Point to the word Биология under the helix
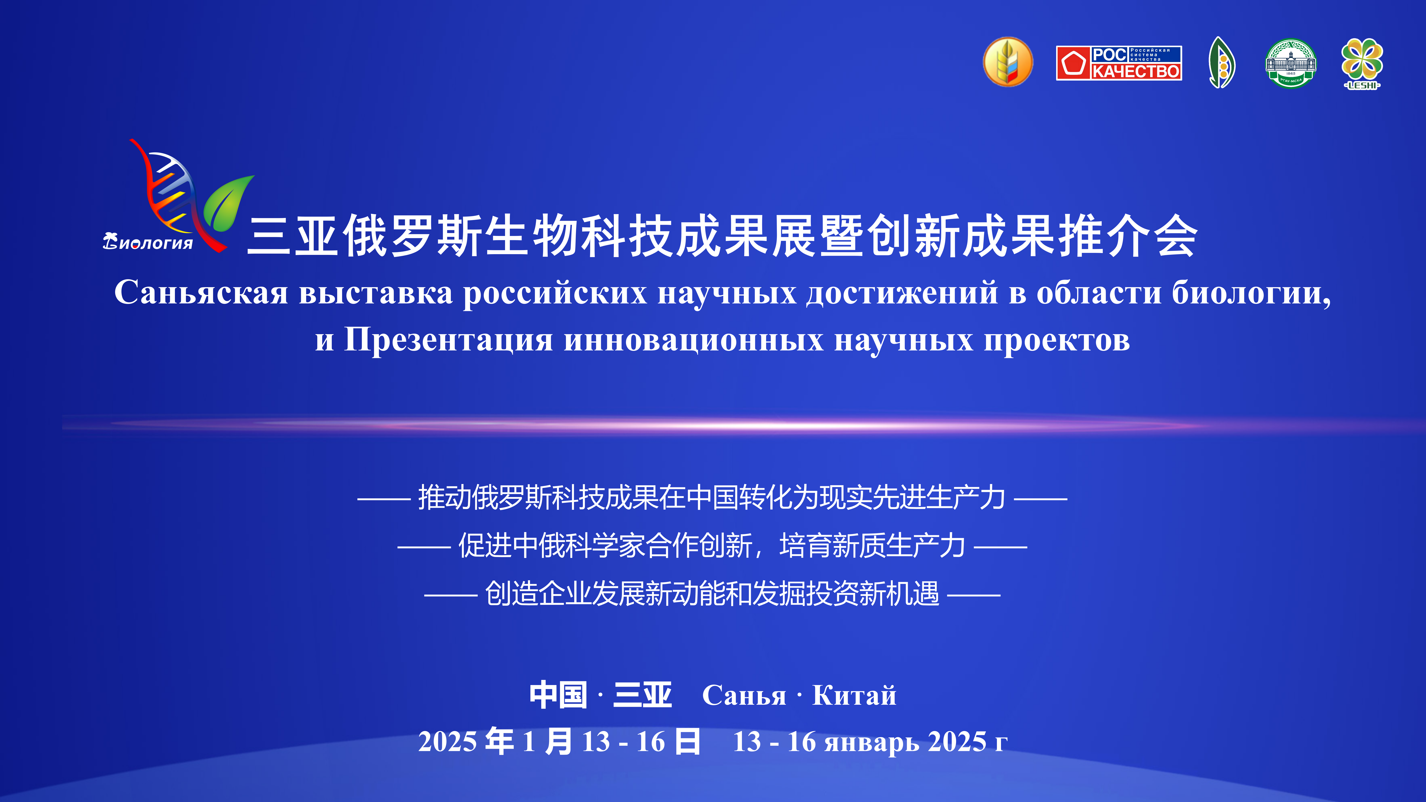point(148,242)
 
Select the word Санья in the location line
point(744,696)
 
